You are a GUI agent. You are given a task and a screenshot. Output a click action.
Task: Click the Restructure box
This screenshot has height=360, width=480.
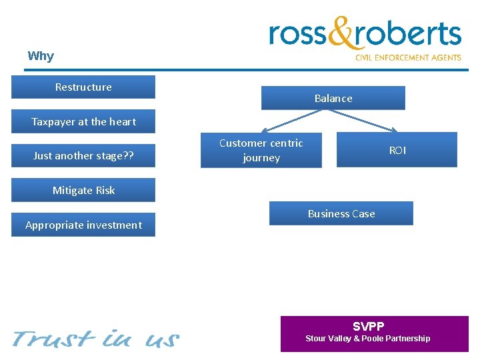pos(83,87)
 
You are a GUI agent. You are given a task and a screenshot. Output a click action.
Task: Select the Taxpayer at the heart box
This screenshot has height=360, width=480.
pos(83,122)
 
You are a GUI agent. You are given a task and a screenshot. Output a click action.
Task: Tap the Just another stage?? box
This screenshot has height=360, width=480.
pos(83,156)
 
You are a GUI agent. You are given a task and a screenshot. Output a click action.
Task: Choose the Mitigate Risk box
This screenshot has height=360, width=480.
pos(83,191)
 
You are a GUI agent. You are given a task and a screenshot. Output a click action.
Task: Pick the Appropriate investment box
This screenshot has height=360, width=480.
pos(83,225)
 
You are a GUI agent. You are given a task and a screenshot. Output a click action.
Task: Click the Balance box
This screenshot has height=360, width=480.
pos(333,99)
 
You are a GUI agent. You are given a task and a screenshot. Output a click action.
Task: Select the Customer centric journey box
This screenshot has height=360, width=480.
pos(261,150)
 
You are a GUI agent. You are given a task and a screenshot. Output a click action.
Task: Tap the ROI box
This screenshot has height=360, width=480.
pos(397,150)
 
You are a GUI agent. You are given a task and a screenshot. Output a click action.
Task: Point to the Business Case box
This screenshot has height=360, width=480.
pos(341,214)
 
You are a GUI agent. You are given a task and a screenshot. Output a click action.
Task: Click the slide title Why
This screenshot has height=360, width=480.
pos(41,56)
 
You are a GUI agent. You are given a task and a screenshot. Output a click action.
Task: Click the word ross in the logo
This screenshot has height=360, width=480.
pos(299,34)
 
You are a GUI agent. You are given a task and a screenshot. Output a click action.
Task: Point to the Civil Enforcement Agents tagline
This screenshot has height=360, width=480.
pos(408,58)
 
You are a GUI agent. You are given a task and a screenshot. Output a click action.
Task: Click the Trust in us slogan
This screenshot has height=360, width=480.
pos(95,339)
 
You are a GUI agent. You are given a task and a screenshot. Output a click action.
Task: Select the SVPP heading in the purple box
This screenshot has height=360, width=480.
pos(368,327)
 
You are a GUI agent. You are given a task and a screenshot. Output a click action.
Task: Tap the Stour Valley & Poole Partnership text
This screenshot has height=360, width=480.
pos(368,339)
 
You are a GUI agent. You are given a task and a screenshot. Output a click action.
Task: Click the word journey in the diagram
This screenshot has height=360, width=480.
pos(261,158)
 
